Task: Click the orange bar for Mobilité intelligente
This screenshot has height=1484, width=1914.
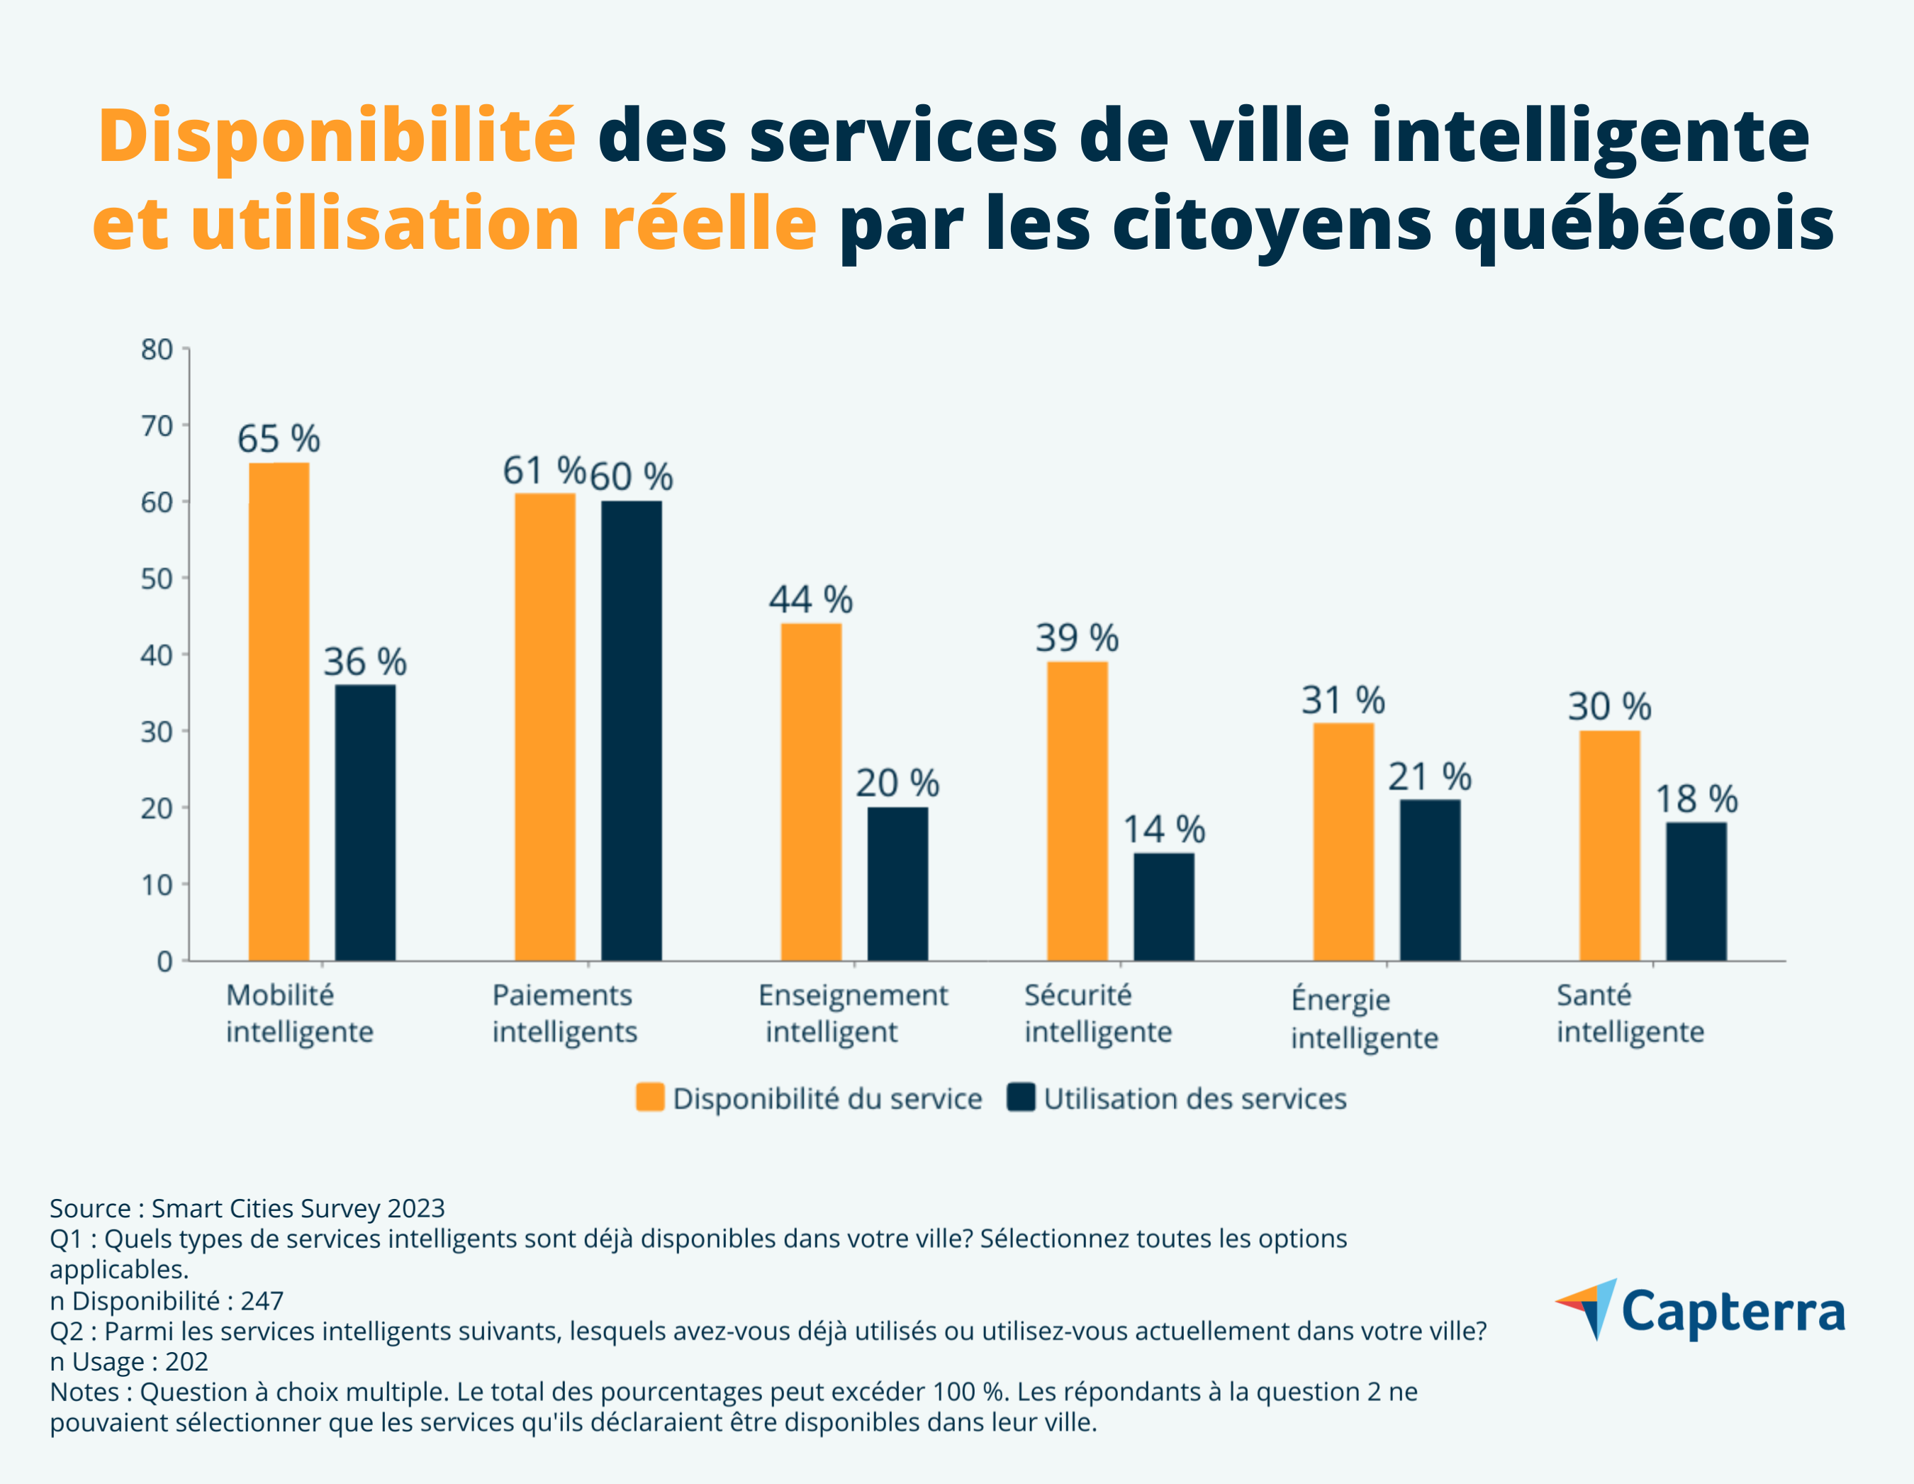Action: click(279, 711)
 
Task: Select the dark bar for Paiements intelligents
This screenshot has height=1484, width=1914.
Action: click(631, 730)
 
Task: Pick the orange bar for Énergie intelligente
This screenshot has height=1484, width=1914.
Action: click(1343, 842)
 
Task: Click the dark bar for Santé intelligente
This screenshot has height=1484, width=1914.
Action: click(1696, 891)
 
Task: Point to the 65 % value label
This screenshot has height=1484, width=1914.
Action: click(279, 438)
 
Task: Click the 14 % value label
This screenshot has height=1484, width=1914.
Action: click(1164, 830)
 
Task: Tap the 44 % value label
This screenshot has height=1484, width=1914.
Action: click(811, 600)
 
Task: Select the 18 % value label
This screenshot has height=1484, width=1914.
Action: click(1696, 798)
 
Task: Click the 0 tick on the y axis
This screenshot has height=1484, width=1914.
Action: click(164, 961)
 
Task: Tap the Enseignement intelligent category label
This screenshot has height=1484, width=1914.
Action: click(852, 1013)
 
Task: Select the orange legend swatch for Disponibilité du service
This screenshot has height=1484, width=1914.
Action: click(649, 1098)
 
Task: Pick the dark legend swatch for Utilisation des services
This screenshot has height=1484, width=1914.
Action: click(1021, 1098)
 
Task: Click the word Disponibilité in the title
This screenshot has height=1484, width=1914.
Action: click(337, 136)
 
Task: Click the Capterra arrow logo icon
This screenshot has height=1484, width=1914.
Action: click(1587, 1309)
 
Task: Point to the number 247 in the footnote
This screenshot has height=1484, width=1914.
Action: click(262, 1301)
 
